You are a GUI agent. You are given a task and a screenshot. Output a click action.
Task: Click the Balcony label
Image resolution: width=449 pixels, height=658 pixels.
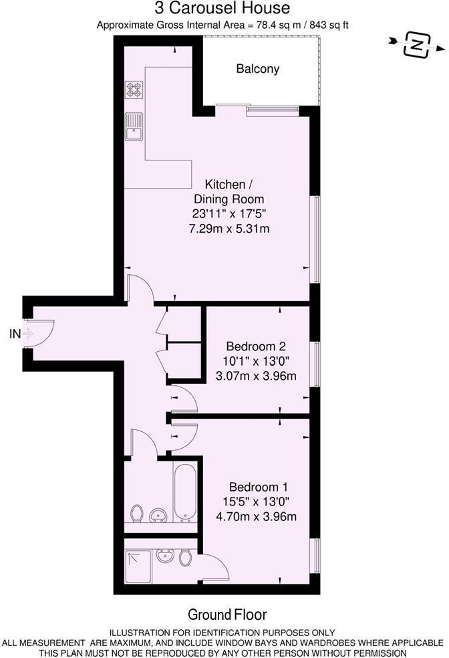coord(257,69)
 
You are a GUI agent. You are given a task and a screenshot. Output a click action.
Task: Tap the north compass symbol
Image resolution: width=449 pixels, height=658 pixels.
coord(417,45)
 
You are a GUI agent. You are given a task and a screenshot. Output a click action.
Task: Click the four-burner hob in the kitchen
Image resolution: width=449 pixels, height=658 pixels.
coord(134,90)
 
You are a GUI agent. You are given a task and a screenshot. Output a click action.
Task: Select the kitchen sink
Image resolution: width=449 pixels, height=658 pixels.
coord(134,126)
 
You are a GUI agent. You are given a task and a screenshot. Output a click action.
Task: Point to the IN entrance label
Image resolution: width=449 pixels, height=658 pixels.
coord(15,334)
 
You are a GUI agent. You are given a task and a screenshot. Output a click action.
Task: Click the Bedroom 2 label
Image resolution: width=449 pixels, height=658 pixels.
coord(256,346)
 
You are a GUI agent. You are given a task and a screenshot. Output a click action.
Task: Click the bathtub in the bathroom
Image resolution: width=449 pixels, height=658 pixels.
coord(184,493)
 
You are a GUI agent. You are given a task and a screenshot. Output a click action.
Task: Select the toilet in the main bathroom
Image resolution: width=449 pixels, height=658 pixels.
coord(137,514)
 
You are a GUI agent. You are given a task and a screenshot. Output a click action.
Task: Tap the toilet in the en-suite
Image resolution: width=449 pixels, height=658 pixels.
coord(186,557)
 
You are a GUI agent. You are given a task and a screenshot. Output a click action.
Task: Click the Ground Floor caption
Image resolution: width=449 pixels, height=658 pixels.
coord(227,615)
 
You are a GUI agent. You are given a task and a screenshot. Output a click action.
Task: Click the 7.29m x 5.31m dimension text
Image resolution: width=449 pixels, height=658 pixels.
coord(229,229)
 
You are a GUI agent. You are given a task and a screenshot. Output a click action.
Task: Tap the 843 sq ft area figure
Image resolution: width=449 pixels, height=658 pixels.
coord(327,25)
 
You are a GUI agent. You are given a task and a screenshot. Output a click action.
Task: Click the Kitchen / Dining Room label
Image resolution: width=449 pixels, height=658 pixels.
coord(229,192)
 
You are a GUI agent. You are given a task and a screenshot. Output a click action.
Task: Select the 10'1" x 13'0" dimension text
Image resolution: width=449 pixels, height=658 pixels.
coord(256,361)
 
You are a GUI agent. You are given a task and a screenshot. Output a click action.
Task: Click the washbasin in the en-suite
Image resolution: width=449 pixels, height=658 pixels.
coord(163,555)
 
